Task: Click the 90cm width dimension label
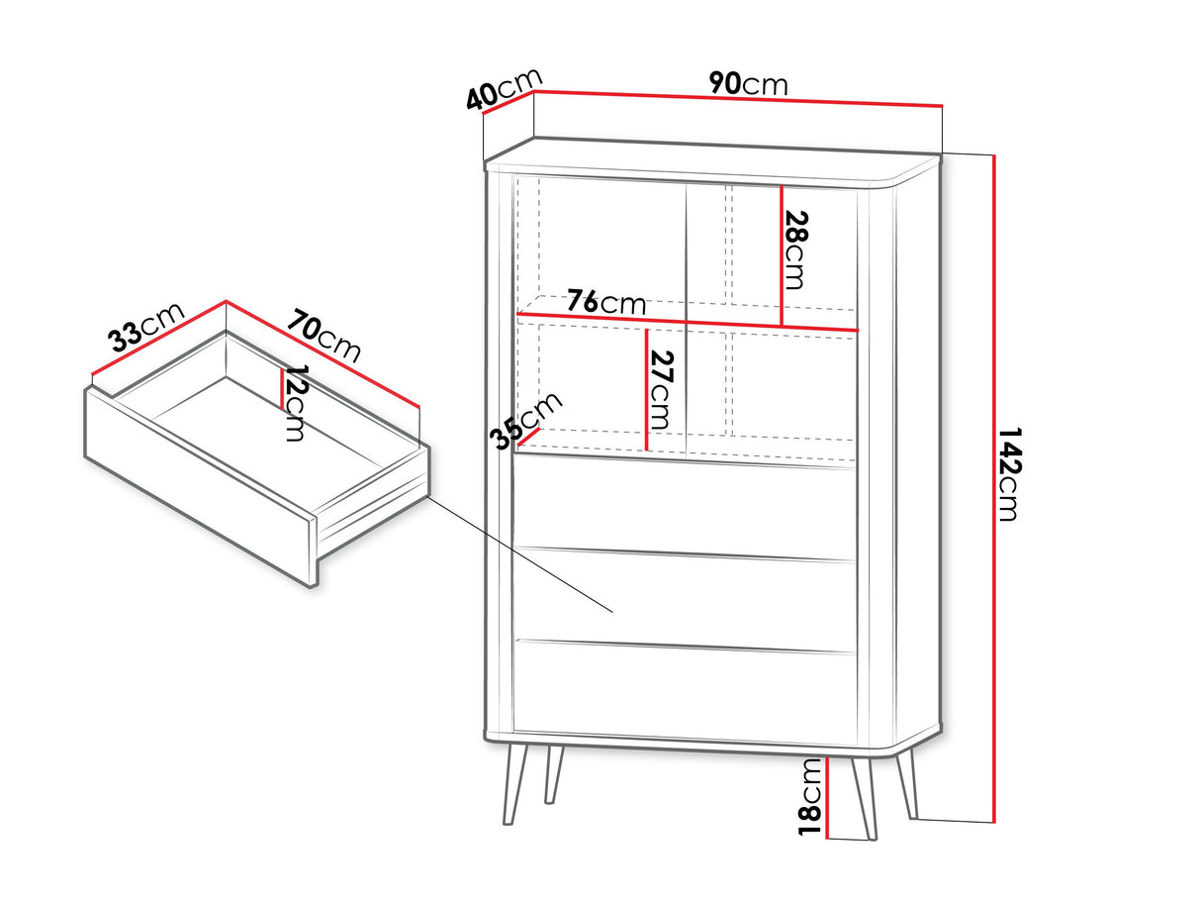click(x=748, y=84)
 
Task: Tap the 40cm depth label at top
click(x=504, y=89)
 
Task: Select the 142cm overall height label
click(x=1007, y=474)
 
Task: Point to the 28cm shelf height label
click(x=796, y=250)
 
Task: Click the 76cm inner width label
click(x=605, y=302)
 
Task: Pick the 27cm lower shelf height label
click(x=661, y=390)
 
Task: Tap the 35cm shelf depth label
click(x=525, y=421)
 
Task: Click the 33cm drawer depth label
click(x=146, y=327)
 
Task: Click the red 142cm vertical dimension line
click(x=993, y=489)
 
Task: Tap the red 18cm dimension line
click(x=828, y=798)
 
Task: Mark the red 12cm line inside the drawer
click(x=282, y=389)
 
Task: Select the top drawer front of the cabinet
click(x=685, y=507)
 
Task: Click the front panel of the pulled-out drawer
click(x=200, y=486)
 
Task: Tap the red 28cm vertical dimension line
click(x=782, y=256)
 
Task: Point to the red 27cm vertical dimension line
click(x=646, y=390)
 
